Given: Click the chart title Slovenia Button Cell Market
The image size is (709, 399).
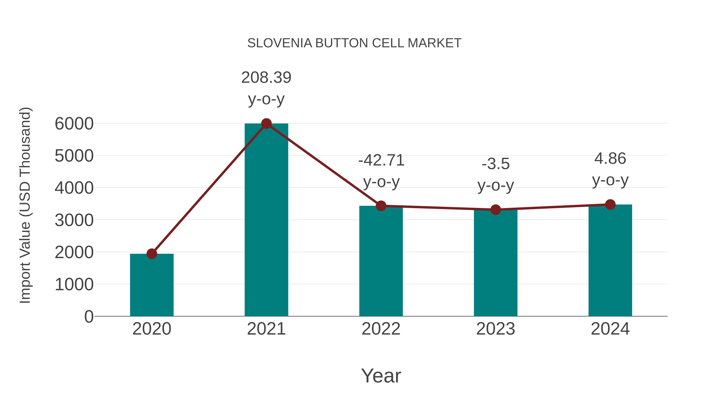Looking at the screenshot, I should (354, 43).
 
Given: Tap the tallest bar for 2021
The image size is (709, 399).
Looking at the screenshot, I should (266, 220).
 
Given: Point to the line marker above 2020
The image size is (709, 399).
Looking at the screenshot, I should (152, 254).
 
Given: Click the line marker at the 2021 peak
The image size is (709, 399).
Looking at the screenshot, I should (266, 124).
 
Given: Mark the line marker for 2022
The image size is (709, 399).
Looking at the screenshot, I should (381, 206).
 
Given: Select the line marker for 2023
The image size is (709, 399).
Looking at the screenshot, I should (496, 210).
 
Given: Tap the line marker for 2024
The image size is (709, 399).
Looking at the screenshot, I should (610, 205).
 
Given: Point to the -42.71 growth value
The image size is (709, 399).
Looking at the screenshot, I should (381, 161).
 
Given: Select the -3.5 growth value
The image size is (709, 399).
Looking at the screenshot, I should (496, 164).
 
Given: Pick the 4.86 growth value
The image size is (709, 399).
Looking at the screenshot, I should (610, 159).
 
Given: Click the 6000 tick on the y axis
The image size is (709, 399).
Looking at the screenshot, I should (74, 124).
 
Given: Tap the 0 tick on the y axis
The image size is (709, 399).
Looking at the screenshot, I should (89, 316).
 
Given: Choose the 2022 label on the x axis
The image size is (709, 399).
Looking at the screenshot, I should (381, 329).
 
